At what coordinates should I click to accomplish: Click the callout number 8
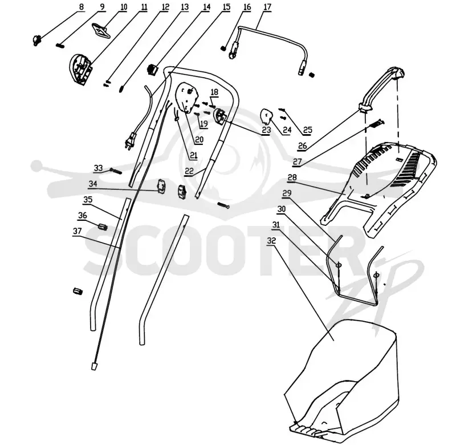tap(81, 7)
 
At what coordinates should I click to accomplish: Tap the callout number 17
tap(267, 7)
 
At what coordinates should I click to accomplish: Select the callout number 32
tap(271, 241)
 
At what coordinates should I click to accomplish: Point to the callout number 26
tap(303, 145)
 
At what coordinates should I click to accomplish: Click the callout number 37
tap(77, 231)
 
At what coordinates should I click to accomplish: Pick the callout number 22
tap(189, 171)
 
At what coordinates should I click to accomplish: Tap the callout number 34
tap(93, 184)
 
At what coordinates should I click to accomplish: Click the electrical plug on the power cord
tap(131, 141)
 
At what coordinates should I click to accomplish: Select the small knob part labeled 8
tap(36, 40)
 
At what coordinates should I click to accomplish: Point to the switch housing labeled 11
tap(80, 69)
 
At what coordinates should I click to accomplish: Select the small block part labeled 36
tap(103, 226)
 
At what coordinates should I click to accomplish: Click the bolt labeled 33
tap(116, 171)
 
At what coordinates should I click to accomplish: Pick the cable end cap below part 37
tap(94, 366)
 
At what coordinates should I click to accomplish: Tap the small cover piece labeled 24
tap(266, 116)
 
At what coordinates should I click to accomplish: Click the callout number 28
tap(292, 177)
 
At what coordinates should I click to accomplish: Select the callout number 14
tap(206, 7)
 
